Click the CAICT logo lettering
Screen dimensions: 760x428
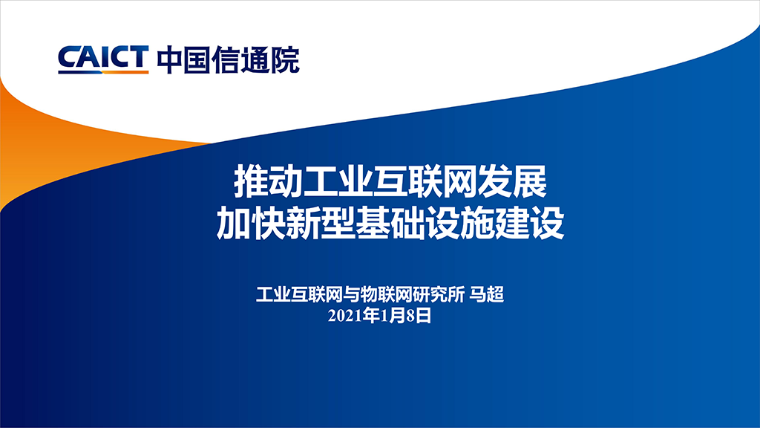click(103, 59)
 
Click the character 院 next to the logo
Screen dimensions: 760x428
click(285, 59)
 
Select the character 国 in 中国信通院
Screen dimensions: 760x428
click(199, 59)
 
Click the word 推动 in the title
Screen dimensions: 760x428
click(269, 181)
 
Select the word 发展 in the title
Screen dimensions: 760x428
click(512, 181)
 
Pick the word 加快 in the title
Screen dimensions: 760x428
click(251, 223)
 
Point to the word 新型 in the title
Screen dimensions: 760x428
click(321, 223)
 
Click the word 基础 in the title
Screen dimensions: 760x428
click(390, 223)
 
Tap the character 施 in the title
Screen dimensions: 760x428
click(477, 223)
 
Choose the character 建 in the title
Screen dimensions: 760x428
click(512, 223)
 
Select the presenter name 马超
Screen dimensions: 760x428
click(487, 294)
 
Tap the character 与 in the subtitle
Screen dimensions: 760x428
click(351, 294)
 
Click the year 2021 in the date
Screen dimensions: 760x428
click(344, 316)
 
